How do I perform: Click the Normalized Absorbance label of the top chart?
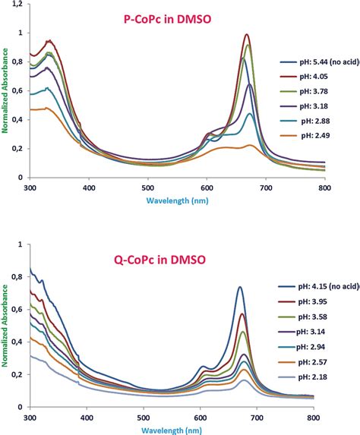pyautogui.click(x=6, y=91)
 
